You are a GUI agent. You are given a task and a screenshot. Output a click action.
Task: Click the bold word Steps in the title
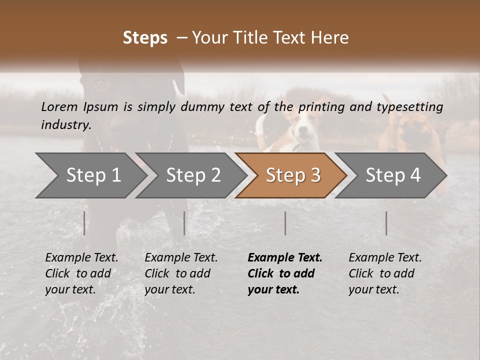coord(145,38)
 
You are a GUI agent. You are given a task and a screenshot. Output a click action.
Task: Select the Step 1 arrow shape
coord(90,175)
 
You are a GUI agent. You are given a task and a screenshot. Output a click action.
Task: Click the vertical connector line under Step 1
coord(84,223)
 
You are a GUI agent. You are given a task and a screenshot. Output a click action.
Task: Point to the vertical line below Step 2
coord(184,223)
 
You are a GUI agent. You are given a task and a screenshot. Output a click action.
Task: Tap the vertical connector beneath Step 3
coord(285,223)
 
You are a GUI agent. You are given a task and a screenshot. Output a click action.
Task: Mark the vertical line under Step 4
coord(386,223)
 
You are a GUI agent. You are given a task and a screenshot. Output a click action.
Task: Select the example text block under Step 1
coord(81,273)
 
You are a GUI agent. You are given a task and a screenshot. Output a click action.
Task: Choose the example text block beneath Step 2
coord(181,273)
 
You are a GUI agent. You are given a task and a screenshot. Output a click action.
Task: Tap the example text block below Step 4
coord(385,273)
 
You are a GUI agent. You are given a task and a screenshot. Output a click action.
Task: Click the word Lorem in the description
coord(59,106)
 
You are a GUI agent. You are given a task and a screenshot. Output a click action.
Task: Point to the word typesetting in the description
coord(409,107)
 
